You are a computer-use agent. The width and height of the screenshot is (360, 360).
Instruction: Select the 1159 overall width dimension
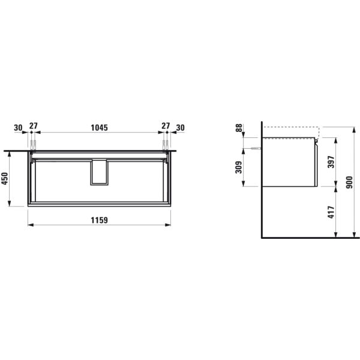tap(99, 220)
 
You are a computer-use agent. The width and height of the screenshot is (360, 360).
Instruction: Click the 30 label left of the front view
tap(18, 128)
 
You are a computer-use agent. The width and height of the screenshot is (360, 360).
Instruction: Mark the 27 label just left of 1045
tap(34, 128)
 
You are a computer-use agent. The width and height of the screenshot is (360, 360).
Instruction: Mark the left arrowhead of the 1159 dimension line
tap(31, 226)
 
